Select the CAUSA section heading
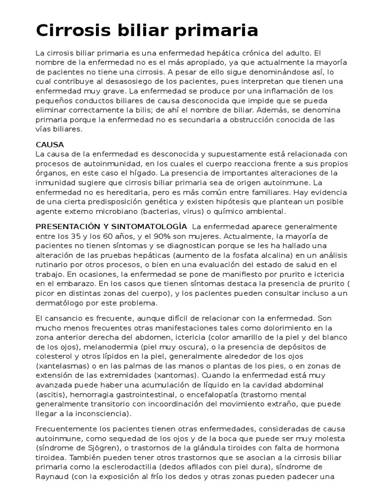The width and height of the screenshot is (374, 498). [50, 145]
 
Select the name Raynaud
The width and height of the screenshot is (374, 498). [52, 477]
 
